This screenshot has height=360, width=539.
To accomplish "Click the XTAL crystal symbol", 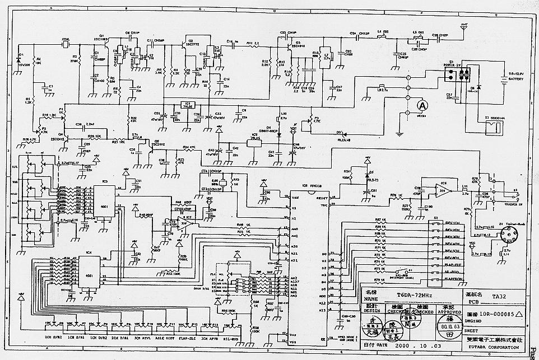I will tap(65, 44).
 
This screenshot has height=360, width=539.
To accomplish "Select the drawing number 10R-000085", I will tap(491, 315).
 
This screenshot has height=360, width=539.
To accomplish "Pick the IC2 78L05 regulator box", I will tap(255, 139).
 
